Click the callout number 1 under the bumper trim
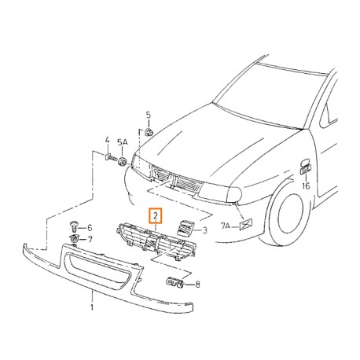click(x=92, y=307)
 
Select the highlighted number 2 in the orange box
click(x=156, y=216)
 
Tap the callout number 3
click(x=205, y=230)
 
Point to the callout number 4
click(x=107, y=140)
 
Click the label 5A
click(x=123, y=142)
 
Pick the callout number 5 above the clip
click(x=149, y=115)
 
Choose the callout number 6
click(x=90, y=228)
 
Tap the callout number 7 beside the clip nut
click(x=90, y=239)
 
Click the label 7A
click(x=226, y=226)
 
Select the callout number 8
click(x=197, y=284)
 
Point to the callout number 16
click(x=306, y=186)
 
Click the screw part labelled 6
click(x=75, y=227)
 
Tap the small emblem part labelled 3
click(x=186, y=228)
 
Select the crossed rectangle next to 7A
click(x=246, y=224)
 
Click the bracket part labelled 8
click(x=175, y=282)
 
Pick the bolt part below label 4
click(x=110, y=157)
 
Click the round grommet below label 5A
click(x=122, y=162)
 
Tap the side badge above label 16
click(x=306, y=167)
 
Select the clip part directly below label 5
click(x=149, y=132)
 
